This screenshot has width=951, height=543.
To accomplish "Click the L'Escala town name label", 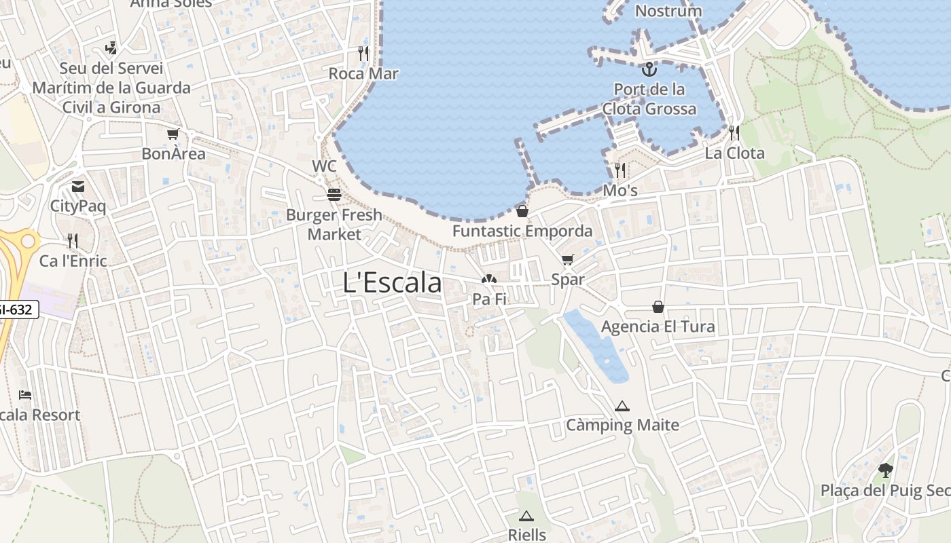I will pyautogui.click(x=393, y=283).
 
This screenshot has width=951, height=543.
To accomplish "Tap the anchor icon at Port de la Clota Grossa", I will pyautogui.click(x=650, y=69).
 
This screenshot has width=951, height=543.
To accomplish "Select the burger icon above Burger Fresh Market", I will pyautogui.click(x=334, y=195).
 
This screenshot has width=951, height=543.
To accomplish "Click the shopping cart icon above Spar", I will pyautogui.click(x=568, y=259).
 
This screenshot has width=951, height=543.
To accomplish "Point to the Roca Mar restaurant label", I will pyautogui.click(x=363, y=73).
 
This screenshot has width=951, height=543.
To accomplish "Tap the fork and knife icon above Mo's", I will pyautogui.click(x=620, y=170).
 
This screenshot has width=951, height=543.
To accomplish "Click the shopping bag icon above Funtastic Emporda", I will pyautogui.click(x=522, y=211).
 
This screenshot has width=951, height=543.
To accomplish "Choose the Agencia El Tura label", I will pyautogui.click(x=658, y=326).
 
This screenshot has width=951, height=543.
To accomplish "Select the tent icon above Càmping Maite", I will pyautogui.click(x=622, y=407).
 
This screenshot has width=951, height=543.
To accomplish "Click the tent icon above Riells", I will pyautogui.click(x=526, y=516).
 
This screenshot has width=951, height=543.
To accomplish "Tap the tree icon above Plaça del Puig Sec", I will pyautogui.click(x=885, y=470).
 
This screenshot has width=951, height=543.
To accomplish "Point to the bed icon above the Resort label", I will pyautogui.click(x=25, y=394).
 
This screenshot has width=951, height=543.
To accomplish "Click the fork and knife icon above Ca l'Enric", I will pyautogui.click(x=73, y=241).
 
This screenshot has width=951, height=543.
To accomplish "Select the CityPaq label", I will pyautogui.click(x=78, y=206).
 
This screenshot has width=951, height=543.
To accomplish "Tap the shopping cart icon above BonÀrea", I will pyautogui.click(x=173, y=134).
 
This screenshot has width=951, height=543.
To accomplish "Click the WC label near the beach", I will pyautogui.click(x=324, y=166).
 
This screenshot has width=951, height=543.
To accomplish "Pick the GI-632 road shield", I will pyautogui.click(x=16, y=310).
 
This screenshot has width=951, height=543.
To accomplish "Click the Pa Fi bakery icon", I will pyautogui.click(x=488, y=279).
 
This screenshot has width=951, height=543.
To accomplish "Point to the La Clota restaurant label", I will pyautogui.click(x=734, y=153).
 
